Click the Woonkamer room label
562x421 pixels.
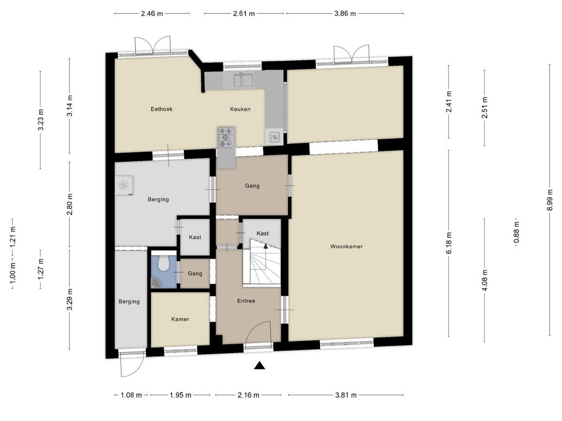coord(346,246)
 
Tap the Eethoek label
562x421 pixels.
coord(161,109)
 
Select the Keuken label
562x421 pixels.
coord(240,109)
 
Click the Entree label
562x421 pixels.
coord(246,301)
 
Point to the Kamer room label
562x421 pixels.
coord(180,319)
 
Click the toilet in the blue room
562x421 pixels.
coord(164,263)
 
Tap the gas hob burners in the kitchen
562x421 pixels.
coord(226,137)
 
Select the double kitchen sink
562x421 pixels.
coord(243,80)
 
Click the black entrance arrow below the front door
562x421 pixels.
coord(260,366)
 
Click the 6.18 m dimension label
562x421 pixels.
coord(449,243)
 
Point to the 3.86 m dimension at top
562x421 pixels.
coord(345,14)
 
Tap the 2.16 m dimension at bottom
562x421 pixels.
coord(249,395)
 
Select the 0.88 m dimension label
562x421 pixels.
coord(516,232)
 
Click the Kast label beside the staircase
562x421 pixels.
coord(262,234)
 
